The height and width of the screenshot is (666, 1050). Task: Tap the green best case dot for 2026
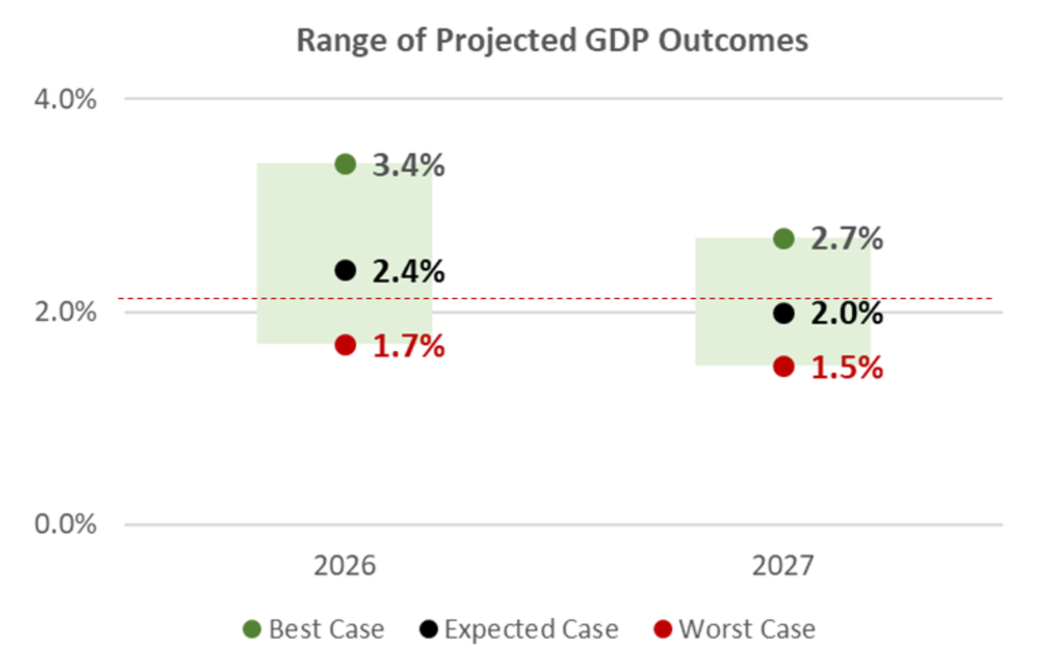(x=345, y=164)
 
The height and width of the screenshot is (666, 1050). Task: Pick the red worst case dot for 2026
(x=345, y=345)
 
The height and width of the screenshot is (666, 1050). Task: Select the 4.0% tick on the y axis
(x=65, y=99)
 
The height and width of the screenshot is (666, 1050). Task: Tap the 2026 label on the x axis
(x=345, y=566)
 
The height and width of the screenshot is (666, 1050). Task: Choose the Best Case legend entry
(x=314, y=629)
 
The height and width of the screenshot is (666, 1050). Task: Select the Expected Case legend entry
(x=519, y=629)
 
